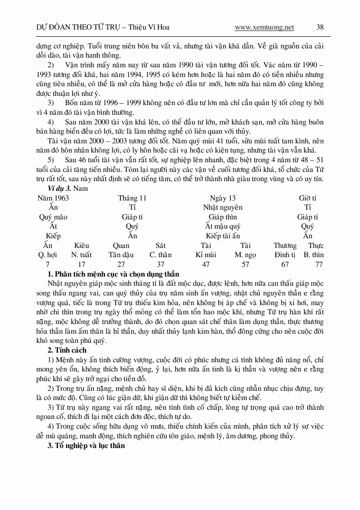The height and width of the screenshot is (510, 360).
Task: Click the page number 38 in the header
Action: click(320, 27)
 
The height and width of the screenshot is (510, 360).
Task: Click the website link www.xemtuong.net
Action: click(264, 28)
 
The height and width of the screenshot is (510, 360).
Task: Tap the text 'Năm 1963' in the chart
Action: click(53, 198)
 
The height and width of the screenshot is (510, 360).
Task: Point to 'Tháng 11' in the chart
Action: click(132, 198)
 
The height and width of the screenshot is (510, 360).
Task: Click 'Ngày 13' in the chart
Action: click(223, 198)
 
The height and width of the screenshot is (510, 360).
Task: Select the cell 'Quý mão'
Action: click(53, 217)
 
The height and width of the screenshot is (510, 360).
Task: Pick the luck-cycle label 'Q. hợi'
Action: click(47, 255)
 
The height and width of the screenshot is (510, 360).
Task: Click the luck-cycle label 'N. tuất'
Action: click(81, 255)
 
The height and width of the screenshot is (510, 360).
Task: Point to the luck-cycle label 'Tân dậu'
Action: click(121, 255)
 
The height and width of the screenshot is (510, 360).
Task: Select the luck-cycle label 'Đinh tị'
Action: click(285, 255)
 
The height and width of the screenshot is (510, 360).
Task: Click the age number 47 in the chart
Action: click(206, 264)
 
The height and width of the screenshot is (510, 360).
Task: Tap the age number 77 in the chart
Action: click(318, 264)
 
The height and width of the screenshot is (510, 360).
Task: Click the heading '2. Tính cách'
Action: click(67, 350)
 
